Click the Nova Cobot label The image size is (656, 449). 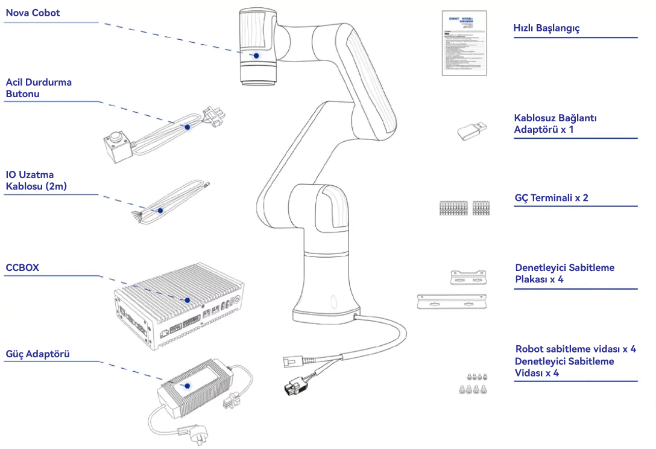click(33, 13)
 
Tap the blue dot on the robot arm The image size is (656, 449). click(256, 55)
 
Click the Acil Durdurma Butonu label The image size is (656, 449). click(39, 88)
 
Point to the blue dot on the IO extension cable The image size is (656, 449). click(160, 211)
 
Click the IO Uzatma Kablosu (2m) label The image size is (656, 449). click(36, 180)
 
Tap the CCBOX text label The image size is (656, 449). click(22, 267)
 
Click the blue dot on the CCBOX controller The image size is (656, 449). click(188, 300)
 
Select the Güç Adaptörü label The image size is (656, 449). click(37, 354)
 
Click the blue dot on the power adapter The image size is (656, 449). click(188, 385)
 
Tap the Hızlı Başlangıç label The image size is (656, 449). click(546, 28)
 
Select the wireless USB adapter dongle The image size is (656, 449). click(470, 130)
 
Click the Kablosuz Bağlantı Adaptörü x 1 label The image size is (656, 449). click(555, 124)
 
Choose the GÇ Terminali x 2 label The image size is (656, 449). click(551, 197)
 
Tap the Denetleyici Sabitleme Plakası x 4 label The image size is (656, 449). click(564, 273)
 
